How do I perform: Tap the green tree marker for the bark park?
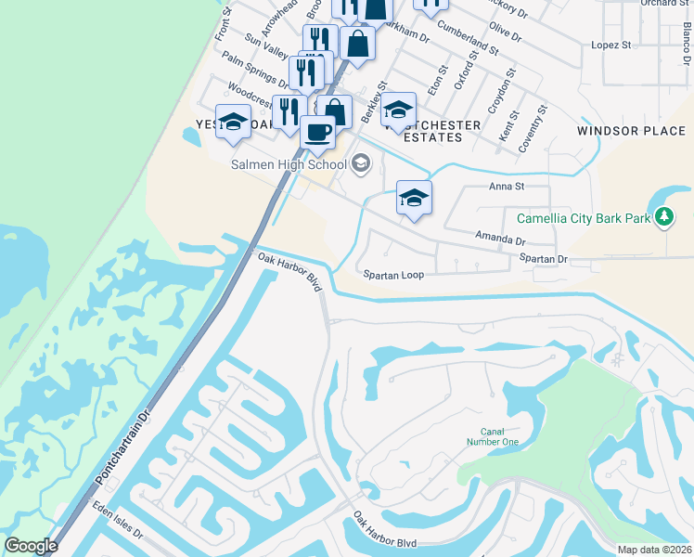click(x=663, y=217)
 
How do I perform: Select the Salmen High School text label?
click(x=288, y=165)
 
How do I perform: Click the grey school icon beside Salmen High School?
click(x=360, y=166)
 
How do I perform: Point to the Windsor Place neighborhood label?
click(x=631, y=131)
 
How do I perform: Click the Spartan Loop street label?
click(x=394, y=275)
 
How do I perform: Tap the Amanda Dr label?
click(x=500, y=239)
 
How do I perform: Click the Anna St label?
click(x=507, y=186)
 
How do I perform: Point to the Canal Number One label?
click(x=499, y=436)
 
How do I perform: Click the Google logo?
click(x=31, y=546)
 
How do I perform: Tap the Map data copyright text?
click(x=654, y=550)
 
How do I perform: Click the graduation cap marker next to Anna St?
click(x=415, y=199)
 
